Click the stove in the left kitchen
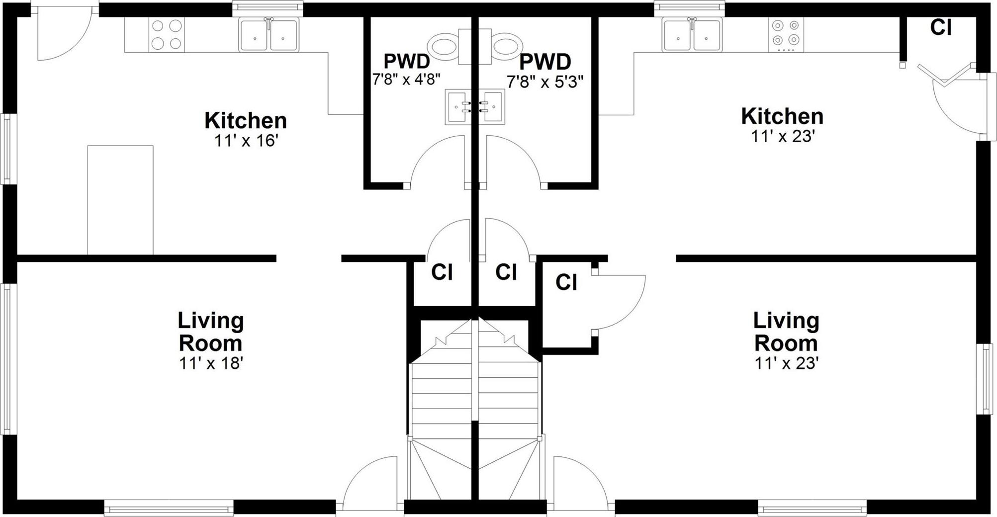pos(166,35)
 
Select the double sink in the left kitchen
pos(269,35)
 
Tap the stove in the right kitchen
pos(786,35)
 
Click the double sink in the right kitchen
pos(692,35)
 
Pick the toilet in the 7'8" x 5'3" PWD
pos(505,46)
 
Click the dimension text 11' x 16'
pos(245,141)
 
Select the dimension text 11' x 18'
pos(210,363)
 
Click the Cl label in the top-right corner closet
pos(941,28)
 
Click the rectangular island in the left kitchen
pos(120,200)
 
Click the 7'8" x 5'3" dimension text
pos(544,82)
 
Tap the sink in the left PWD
pos(459,107)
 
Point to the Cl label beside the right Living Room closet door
pos(566,282)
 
